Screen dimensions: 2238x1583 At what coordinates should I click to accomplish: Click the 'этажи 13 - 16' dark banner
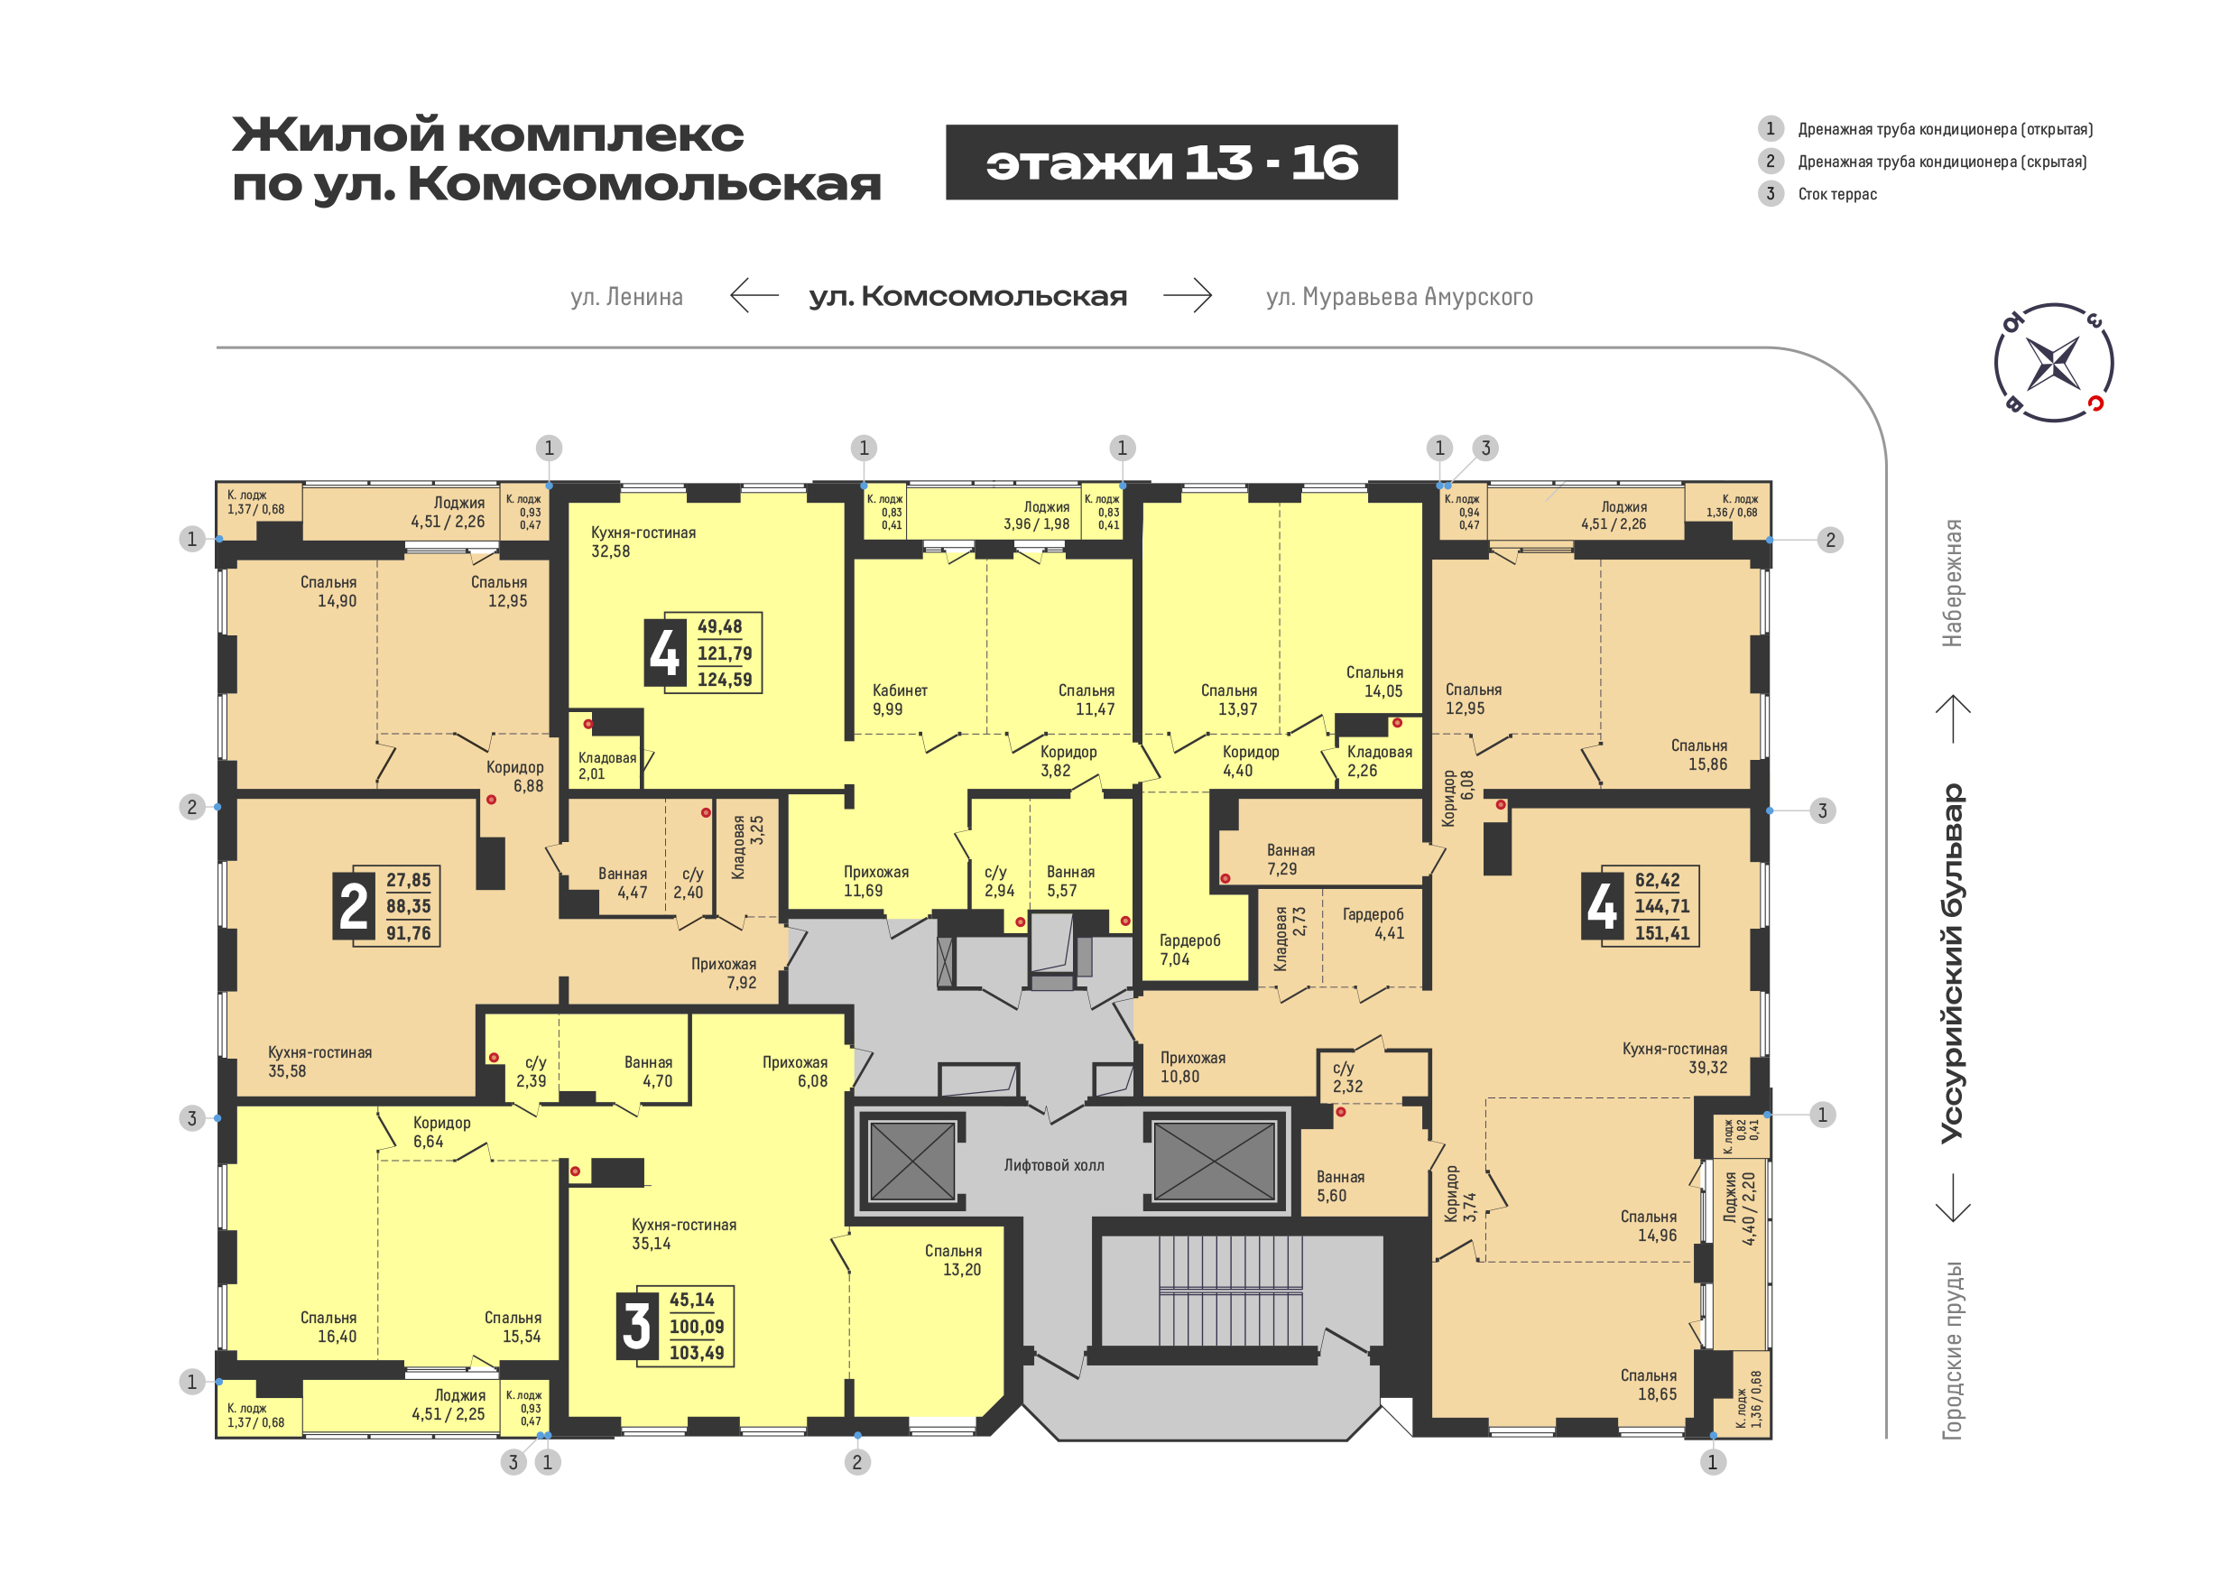[1170, 162]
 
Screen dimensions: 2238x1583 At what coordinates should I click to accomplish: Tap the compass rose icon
[2054, 363]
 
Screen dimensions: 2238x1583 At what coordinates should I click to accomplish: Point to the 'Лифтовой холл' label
[1054, 1165]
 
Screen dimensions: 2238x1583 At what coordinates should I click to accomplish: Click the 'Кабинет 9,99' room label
[899, 699]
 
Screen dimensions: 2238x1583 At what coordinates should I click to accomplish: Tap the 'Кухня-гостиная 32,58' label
[643, 542]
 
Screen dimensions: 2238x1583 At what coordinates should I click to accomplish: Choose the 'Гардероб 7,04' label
[1189, 949]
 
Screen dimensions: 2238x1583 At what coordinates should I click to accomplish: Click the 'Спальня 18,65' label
[1649, 1385]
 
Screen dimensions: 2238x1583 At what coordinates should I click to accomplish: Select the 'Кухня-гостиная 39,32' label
[1675, 1058]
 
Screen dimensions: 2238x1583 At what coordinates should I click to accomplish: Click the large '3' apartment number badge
[636, 1326]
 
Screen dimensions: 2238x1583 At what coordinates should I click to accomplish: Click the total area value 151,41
[1662, 933]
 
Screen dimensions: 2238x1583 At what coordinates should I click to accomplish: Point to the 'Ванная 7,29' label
[1290, 859]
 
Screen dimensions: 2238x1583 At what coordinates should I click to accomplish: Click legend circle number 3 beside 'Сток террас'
[1771, 193]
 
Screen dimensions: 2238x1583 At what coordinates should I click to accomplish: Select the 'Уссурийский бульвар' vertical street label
[1953, 963]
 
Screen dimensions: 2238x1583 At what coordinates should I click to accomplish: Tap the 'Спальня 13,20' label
[952, 1259]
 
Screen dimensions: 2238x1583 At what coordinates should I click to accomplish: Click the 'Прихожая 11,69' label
[875, 881]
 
